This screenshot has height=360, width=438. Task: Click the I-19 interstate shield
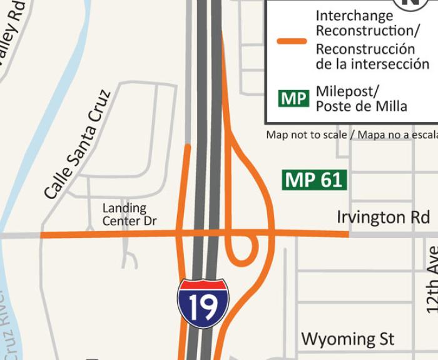click(x=203, y=304)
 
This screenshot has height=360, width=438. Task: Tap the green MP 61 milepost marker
click(x=314, y=180)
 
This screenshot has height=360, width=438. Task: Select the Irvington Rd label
click(x=383, y=217)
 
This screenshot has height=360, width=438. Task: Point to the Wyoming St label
click(x=348, y=339)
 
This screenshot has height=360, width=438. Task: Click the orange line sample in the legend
click(x=292, y=41)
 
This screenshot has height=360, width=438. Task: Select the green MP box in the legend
click(x=294, y=98)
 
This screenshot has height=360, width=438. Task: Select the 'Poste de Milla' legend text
click(x=361, y=106)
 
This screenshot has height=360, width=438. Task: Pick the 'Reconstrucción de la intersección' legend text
click(x=373, y=56)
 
